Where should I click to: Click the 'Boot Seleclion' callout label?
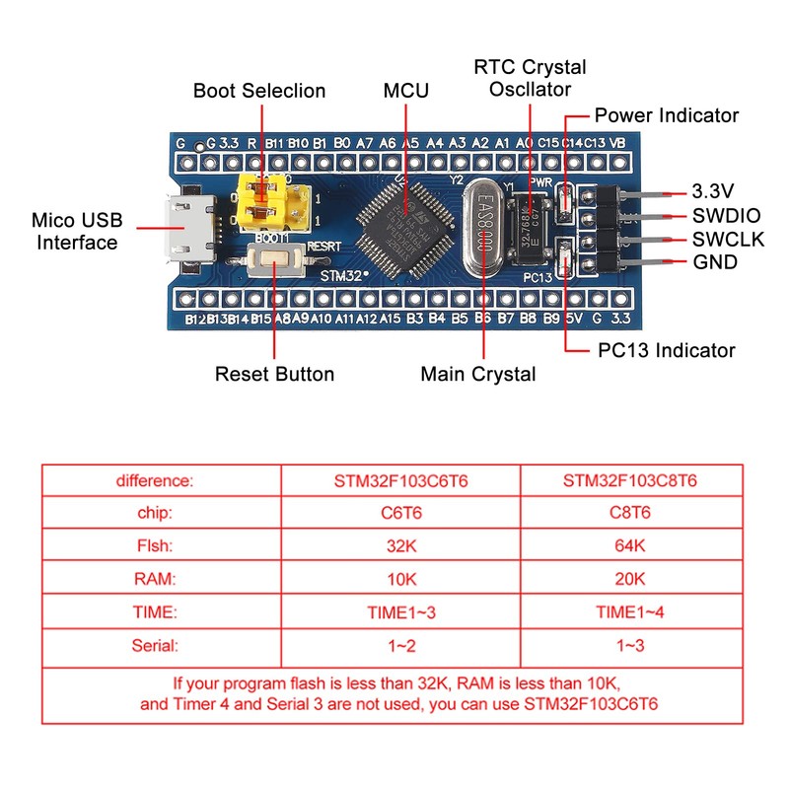(x=258, y=91)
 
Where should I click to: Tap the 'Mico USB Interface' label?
(x=77, y=231)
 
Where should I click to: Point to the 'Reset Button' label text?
(x=274, y=374)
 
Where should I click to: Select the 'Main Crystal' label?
(x=478, y=374)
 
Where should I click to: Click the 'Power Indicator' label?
(x=666, y=115)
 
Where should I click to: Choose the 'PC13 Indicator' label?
(x=667, y=350)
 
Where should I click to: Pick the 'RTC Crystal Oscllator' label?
(x=530, y=78)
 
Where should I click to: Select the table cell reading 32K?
(x=400, y=545)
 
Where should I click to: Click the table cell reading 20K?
(x=629, y=579)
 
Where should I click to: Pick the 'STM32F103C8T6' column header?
(x=629, y=481)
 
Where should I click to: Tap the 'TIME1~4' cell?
(x=629, y=612)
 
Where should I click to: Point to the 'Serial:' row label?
(x=155, y=646)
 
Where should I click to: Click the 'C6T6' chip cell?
(x=400, y=513)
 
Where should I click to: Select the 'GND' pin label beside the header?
(x=714, y=263)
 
